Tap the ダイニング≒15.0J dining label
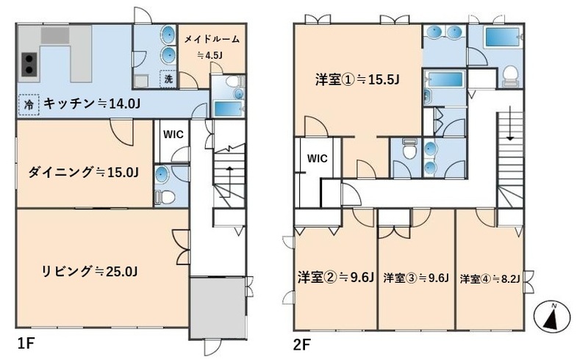84,173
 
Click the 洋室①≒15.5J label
357,79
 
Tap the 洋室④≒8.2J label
490,278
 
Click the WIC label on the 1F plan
173,134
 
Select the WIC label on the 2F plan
317,157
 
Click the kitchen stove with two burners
29,64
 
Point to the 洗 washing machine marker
168,79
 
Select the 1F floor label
26,342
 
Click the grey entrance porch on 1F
219,307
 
